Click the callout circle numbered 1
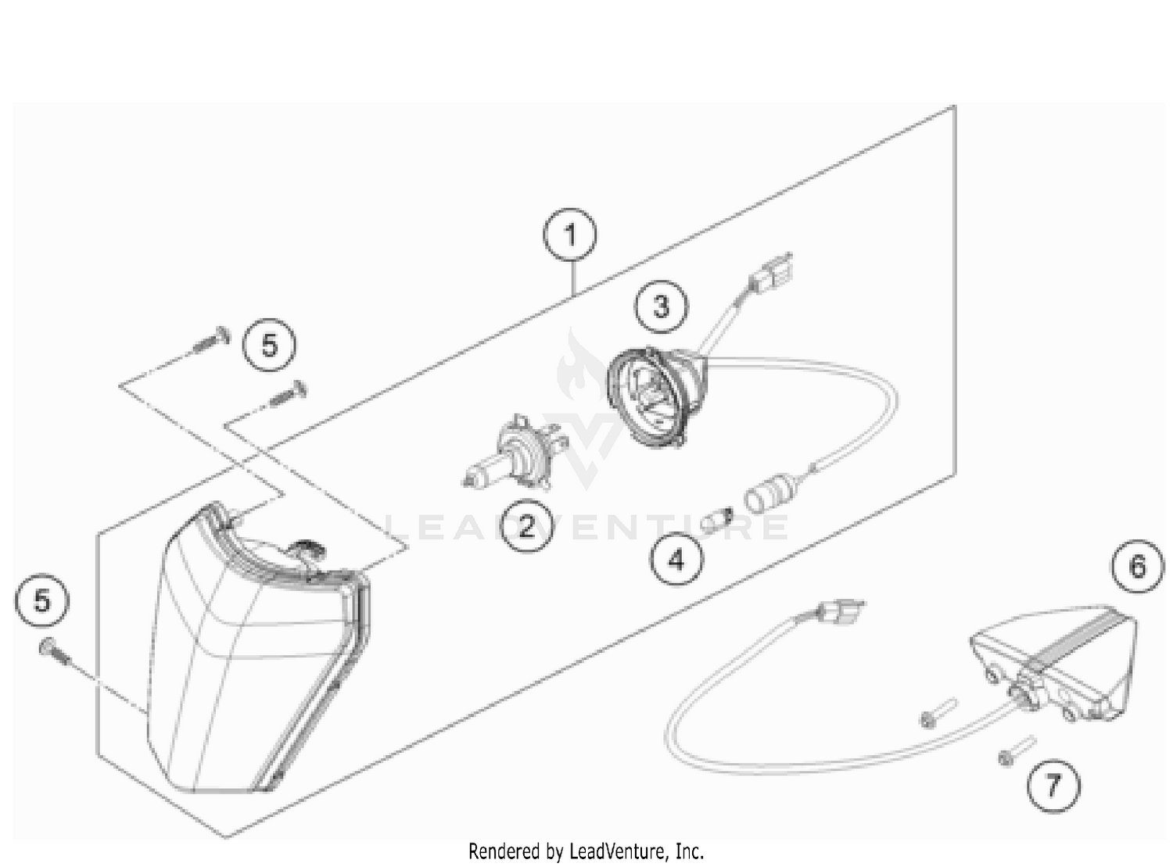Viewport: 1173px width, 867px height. point(570,235)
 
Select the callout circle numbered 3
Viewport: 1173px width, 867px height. point(662,306)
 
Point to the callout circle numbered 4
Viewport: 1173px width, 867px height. point(676,559)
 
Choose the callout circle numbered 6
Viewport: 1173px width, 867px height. point(1137,566)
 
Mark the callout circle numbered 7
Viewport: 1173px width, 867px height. point(1053,784)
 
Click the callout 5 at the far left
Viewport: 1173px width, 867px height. point(41,601)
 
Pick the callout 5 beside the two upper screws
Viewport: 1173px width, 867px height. point(269,345)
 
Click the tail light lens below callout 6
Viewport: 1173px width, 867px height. point(1056,661)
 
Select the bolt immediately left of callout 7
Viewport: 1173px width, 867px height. point(1015,751)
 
